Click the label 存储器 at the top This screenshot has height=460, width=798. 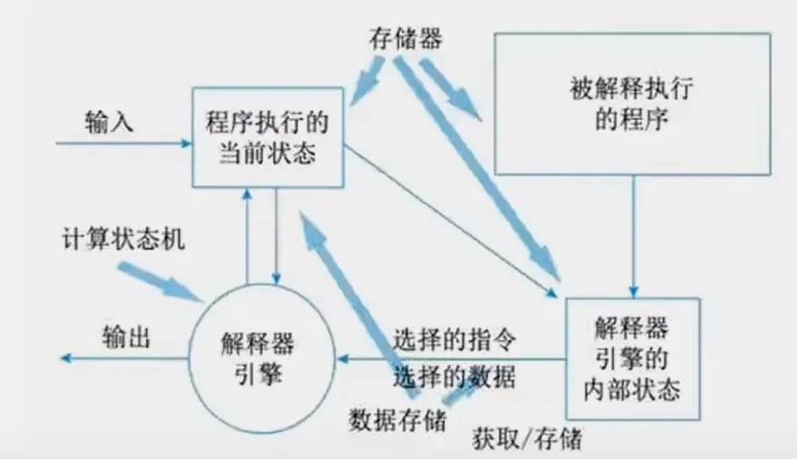pyautogui.click(x=405, y=40)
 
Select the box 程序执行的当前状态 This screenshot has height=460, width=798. pyautogui.click(x=268, y=137)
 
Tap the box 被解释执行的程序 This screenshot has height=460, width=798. pyautogui.click(x=631, y=104)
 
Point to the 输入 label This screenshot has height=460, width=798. pyautogui.click(x=110, y=121)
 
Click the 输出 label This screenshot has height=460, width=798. pyautogui.click(x=125, y=337)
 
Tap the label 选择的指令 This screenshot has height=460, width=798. pyautogui.click(x=455, y=340)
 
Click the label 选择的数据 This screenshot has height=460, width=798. pyautogui.click(x=455, y=377)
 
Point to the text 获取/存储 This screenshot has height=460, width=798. pyautogui.click(x=527, y=439)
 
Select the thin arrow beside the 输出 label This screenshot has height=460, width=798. pyautogui.click(x=126, y=359)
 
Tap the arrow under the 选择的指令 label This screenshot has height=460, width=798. pyautogui.click(x=450, y=359)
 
